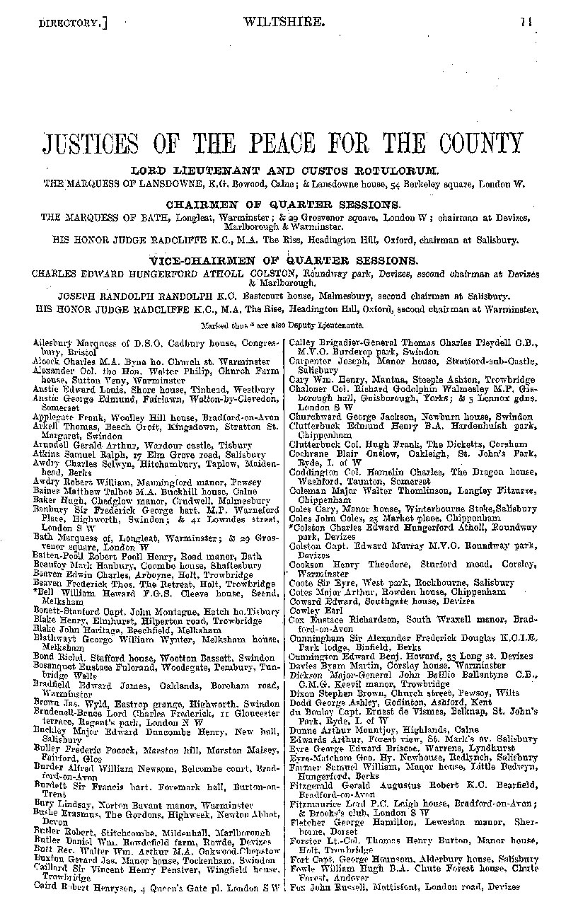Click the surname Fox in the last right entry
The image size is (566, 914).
click(297, 886)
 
